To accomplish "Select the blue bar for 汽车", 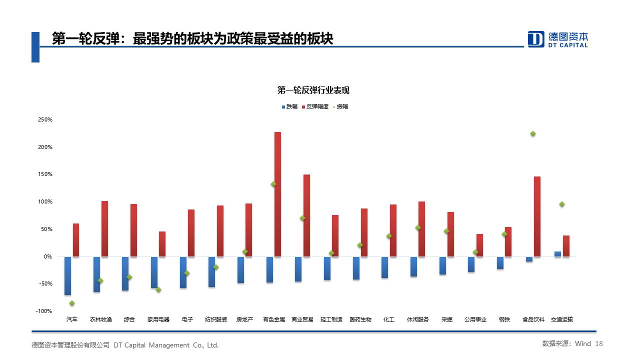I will point(67,275).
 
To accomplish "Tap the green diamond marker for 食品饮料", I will point(533,133).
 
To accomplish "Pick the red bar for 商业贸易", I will point(306,215).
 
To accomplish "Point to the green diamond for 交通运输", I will point(562,204).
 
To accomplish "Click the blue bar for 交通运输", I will point(557,254).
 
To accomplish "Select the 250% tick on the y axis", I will point(45,120).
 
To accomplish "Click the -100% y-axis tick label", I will point(44,311).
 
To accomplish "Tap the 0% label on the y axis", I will point(47,256).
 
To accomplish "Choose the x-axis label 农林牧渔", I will point(100,319).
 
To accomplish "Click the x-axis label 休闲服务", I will point(418,319).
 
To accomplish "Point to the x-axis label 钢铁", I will point(504,319).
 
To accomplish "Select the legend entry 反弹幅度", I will point(317,106).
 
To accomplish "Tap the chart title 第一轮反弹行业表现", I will point(313,90).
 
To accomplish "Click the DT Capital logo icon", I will point(536,39).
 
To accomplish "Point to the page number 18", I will point(599,343).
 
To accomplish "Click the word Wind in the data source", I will point(582,343).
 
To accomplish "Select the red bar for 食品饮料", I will point(537,216).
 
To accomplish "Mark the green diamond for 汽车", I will point(72,303).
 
